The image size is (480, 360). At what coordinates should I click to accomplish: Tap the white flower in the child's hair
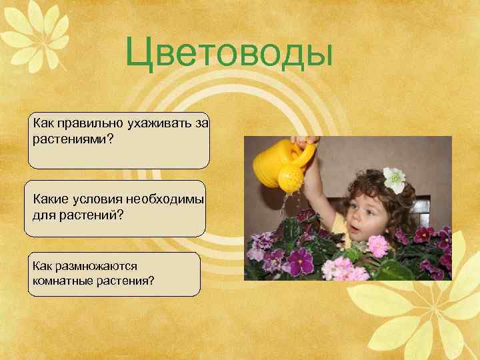tap(395, 179)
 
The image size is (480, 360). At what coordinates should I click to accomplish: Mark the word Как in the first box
tap(42, 123)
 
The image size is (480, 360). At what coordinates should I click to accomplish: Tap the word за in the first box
tap(202, 123)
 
